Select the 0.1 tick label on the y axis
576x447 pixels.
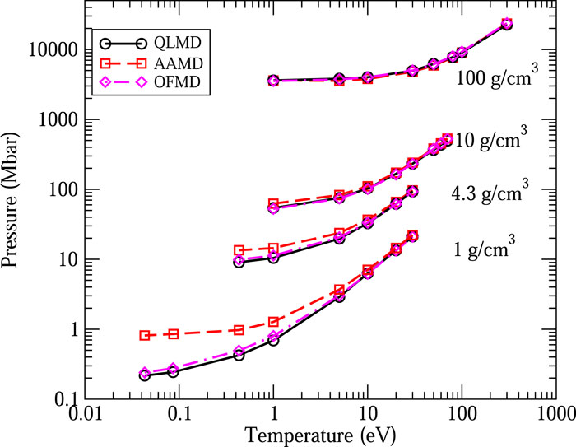click(x=68, y=399)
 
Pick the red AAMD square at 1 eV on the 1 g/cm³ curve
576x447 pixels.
click(x=274, y=321)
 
